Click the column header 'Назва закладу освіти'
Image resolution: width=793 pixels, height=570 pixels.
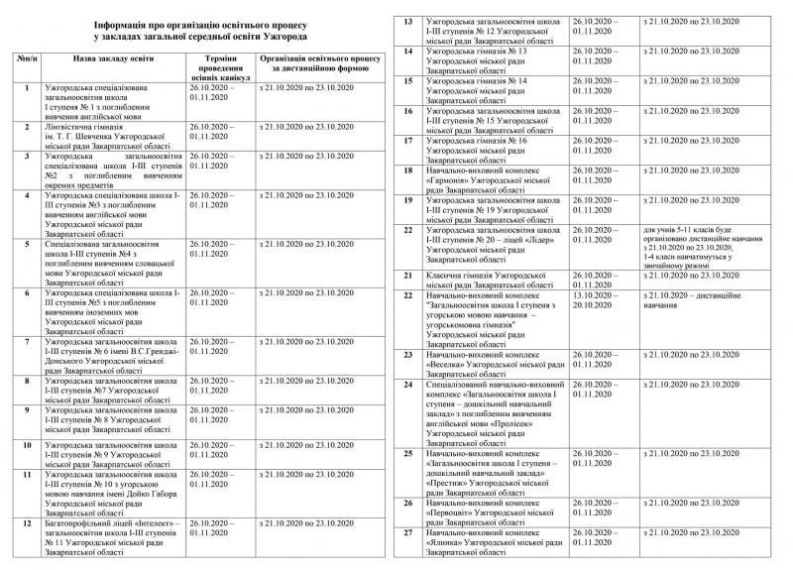tap(120, 60)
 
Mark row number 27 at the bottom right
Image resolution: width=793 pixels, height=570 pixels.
tap(408, 532)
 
